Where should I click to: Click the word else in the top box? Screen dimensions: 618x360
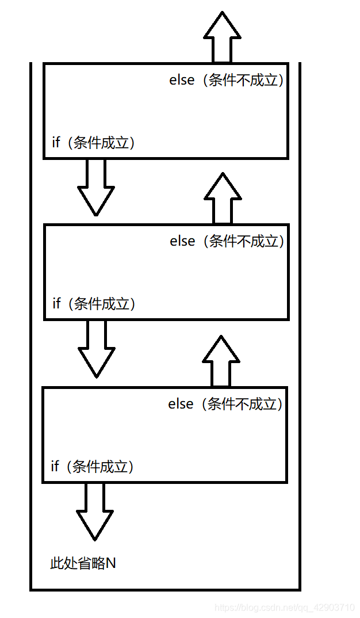coord(182,81)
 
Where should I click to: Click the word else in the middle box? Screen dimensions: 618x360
coord(182,242)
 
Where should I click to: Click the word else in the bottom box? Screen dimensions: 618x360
coord(181,405)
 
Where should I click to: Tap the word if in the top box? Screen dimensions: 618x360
coord(56,143)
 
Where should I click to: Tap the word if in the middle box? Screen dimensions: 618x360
coord(56,304)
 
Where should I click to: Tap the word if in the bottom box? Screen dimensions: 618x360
coord(55,467)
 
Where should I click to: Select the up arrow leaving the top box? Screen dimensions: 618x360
coord(222,37)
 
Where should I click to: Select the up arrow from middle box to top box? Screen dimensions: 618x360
coord(223,198)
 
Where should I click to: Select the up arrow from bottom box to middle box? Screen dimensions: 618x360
coord(221,361)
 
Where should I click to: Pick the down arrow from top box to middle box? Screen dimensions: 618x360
coord(96,186)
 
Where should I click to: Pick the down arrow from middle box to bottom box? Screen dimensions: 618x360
coord(97,348)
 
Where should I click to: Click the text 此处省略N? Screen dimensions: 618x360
coord(83,563)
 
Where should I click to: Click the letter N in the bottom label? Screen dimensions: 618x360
coord(111,563)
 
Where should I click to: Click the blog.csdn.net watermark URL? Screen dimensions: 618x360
coord(284,608)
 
